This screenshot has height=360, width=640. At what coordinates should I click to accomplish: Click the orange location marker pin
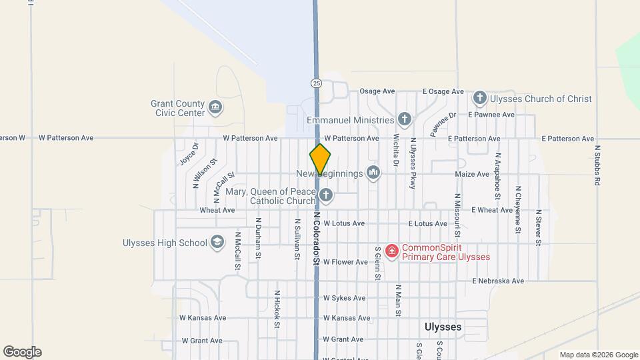320,159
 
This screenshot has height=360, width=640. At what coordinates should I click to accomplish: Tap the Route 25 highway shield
316,83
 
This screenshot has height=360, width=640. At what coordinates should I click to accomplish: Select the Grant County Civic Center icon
215,107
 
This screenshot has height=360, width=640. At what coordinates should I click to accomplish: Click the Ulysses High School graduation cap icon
217,243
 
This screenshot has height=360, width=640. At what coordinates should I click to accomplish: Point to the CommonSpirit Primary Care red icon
392,251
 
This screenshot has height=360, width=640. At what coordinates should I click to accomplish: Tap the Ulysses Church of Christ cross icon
479,99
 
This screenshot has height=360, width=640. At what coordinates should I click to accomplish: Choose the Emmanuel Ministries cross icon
404,120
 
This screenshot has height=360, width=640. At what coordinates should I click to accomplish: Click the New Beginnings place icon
373,173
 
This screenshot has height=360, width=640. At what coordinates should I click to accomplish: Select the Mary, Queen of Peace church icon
325,195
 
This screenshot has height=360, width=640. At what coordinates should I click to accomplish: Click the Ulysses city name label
443,327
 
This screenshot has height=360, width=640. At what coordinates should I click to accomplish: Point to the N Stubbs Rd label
598,165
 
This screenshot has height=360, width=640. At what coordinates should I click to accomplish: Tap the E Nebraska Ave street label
498,281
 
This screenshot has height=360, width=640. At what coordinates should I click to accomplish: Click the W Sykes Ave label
345,298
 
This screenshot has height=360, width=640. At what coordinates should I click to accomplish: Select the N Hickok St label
277,309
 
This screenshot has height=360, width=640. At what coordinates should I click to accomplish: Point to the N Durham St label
258,238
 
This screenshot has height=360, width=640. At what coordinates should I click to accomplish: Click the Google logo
22,352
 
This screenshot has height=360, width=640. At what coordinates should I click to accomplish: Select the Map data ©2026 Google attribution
599,355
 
